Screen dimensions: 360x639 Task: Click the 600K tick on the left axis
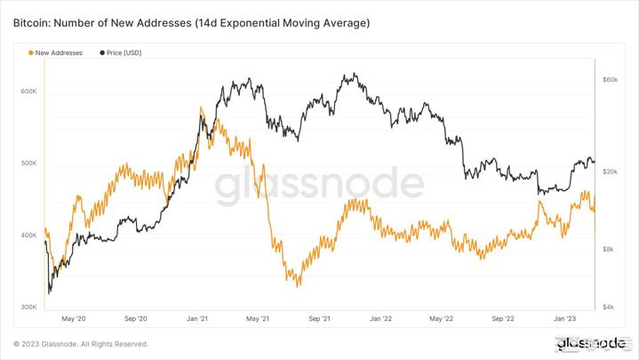(x=28, y=92)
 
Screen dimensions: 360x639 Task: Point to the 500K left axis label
(x=28, y=164)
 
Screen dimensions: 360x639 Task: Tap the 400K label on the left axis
(x=28, y=236)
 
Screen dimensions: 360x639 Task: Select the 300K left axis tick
(x=28, y=308)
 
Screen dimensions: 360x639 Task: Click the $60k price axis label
(x=610, y=80)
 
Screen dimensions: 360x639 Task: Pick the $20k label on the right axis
(x=610, y=172)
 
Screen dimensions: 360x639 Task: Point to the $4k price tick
(x=609, y=308)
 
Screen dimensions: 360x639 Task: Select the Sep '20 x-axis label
(x=136, y=318)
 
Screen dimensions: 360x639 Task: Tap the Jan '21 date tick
(x=197, y=318)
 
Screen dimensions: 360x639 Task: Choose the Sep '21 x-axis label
(x=319, y=318)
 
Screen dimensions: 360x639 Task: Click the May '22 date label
(x=442, y=318)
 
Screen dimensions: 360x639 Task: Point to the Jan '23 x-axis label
(x=565, y=318)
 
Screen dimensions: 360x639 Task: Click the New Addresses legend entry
(x=59, y=53)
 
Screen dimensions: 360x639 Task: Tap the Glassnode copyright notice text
(x=80, y=344)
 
